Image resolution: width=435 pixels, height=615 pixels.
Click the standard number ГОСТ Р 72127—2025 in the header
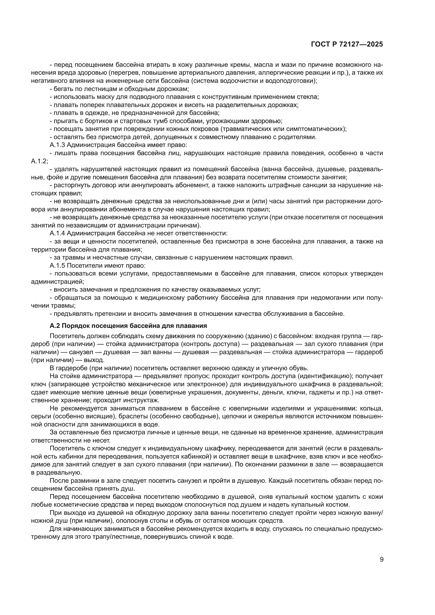[347, 44]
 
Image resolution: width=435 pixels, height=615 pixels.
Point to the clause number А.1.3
[57, 145]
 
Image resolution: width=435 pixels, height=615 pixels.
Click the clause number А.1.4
[57, 233]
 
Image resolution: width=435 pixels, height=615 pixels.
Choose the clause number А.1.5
[57, 266]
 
